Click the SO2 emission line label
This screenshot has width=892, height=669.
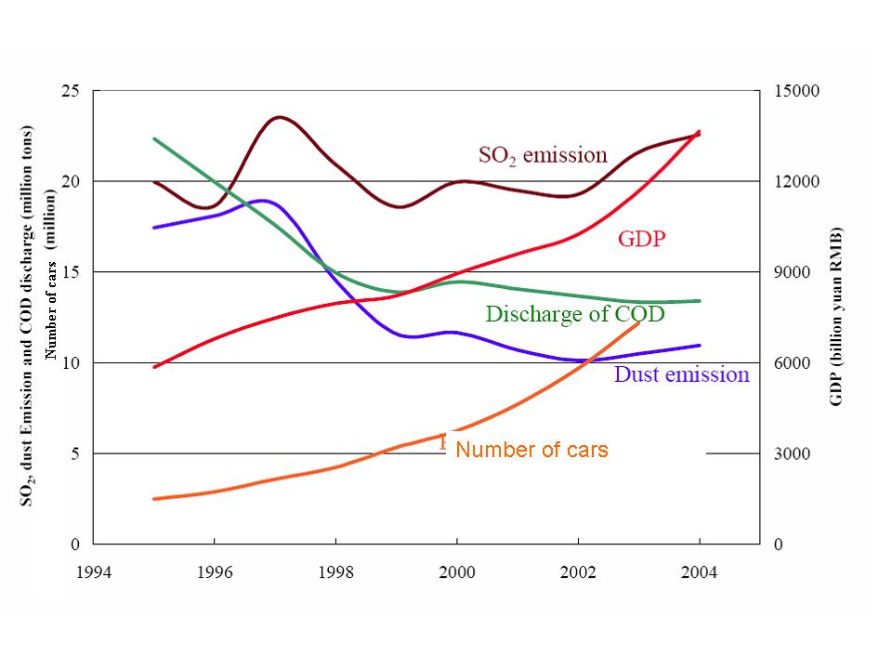(543, 155)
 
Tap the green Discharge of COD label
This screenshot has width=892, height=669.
(575, 314)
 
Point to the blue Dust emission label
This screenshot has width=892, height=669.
(681, 374)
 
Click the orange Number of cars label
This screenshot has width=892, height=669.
(532, 450)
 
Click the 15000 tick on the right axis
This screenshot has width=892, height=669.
(794, 91)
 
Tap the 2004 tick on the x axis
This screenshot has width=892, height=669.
(699, 571)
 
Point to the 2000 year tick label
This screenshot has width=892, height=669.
(456, 571)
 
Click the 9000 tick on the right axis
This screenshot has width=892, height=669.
(791, 272)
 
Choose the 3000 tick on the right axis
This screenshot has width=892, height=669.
(791, 454)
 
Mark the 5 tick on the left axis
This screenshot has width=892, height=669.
(75, 454)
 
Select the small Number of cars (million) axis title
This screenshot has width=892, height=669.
(53, 297)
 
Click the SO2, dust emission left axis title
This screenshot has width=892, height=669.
(29, 316)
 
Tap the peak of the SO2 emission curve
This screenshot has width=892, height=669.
(279, 117)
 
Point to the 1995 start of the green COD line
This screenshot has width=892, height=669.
(154, 138)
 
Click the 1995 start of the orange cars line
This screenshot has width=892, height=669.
(154, 499)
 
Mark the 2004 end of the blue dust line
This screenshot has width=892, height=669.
(699, 345)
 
